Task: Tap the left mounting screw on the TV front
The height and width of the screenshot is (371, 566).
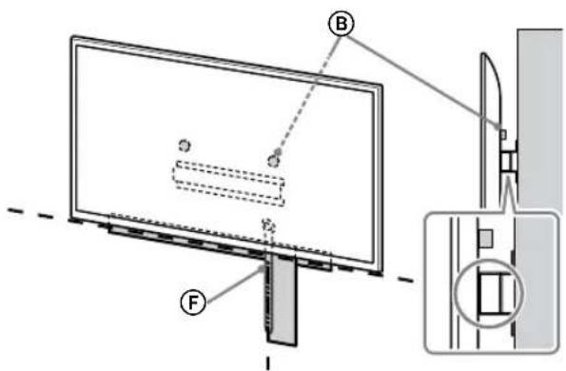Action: pyautogui.click(x=185, y=145)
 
